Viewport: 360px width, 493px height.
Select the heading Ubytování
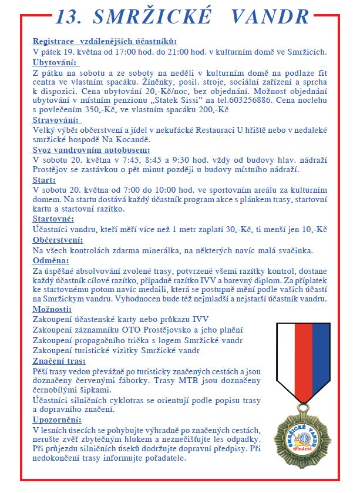[55, 62]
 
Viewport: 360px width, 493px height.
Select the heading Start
[45, 179]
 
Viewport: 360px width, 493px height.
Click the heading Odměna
[51, 260]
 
